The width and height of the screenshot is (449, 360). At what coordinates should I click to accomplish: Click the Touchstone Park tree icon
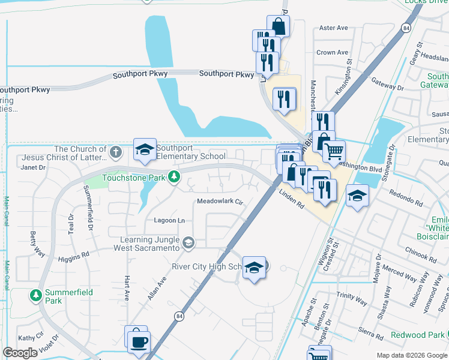[173, 176]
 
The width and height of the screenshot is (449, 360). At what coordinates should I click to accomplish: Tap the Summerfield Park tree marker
[35, 295]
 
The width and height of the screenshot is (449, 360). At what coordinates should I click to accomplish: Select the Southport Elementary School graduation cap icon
[144, 150]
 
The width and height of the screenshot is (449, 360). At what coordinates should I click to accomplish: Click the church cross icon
[116, 150]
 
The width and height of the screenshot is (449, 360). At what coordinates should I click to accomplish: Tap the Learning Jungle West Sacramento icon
[188, 242]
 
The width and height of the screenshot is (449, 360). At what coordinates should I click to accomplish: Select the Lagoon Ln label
[169, 220]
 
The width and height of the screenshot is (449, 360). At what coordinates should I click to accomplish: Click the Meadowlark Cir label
[220, 202]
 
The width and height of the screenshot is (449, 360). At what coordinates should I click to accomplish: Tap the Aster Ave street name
[334, 28]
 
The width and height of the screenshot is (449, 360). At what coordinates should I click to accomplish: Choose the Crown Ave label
[332, 52]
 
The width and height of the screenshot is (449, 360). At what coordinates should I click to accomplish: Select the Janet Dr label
[33, 167]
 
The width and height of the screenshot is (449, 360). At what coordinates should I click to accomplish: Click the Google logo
[20, 353]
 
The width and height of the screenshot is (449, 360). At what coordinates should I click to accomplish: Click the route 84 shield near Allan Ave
[178, 316]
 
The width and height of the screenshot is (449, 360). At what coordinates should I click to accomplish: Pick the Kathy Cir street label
[31, 338]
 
